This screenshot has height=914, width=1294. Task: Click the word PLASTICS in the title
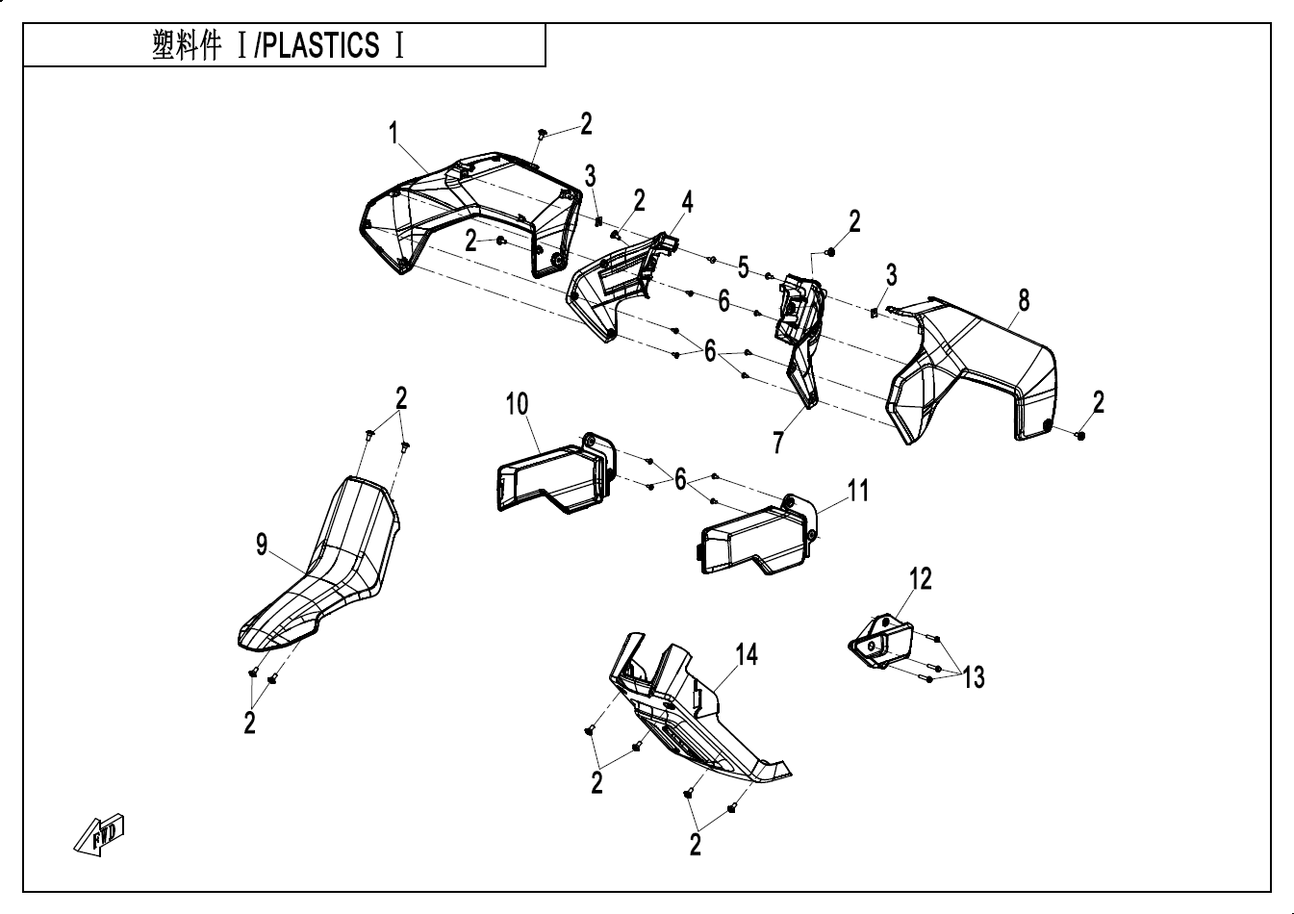322,45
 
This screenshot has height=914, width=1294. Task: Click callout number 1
393,135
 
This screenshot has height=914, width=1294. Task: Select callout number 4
687,202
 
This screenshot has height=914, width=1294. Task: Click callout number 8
1024,300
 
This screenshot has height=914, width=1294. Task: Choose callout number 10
518,404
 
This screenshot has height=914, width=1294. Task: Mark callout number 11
857,491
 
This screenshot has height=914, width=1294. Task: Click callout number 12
921,578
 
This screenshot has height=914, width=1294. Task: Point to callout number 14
747,655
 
